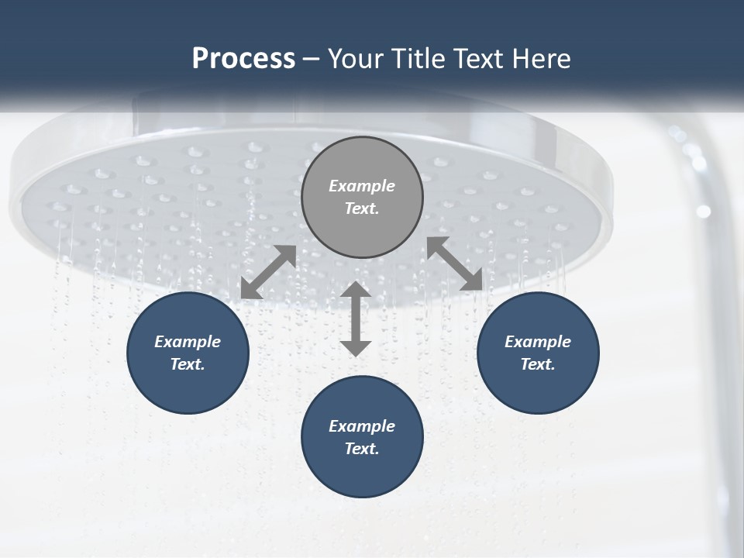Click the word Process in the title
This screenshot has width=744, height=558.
click(x=243, y=59)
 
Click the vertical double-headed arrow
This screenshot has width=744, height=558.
click(x=356, y=319)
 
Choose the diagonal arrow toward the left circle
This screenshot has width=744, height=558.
click(x=268, y=272)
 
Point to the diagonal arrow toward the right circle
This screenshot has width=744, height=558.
click(x=455, y=264)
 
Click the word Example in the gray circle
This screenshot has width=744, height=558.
click(x=362, y=186)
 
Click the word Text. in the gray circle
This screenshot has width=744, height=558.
click(x=362, y=208)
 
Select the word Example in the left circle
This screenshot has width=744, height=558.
click(x=188, y=342)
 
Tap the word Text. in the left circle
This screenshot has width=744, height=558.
click(x=188, y=364)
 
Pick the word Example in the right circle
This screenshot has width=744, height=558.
click(x=538, y=342)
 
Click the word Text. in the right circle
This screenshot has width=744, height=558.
click(x=538, y=364)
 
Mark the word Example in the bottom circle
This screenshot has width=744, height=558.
click(x=362, y=426)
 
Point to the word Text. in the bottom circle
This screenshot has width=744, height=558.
click(x=362, y=449)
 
